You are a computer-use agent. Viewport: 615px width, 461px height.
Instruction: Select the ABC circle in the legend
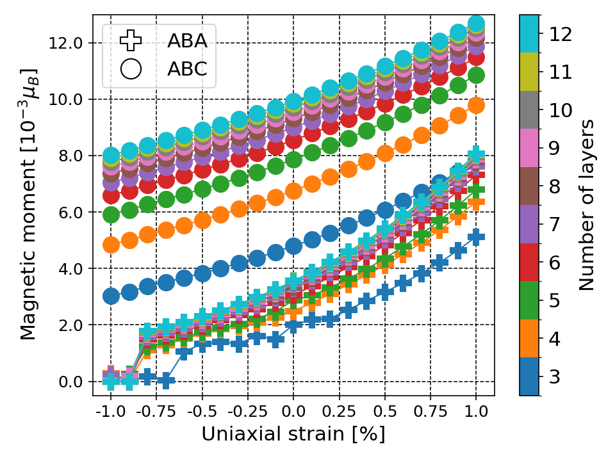131,69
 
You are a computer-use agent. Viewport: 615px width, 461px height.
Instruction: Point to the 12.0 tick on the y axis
69,43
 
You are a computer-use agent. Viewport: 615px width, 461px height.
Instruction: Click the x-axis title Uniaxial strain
293,433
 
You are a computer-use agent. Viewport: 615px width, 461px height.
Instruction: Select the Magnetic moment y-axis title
28,204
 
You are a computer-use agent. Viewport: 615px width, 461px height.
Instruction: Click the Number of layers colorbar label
587,204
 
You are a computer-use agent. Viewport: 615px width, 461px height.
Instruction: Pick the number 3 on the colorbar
555,376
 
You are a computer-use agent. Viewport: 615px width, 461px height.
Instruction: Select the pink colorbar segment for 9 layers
529,147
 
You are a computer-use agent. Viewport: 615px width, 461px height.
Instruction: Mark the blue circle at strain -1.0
111,296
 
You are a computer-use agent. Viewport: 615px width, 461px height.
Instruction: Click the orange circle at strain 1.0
476,105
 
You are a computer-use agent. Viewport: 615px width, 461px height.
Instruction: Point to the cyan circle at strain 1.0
476,24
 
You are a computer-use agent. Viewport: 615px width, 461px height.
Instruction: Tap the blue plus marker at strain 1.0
476,237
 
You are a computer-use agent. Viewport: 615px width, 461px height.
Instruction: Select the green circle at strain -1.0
111,214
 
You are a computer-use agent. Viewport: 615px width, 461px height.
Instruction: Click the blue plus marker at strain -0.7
166,381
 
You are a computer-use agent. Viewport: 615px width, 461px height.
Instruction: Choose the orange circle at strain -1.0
111,245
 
